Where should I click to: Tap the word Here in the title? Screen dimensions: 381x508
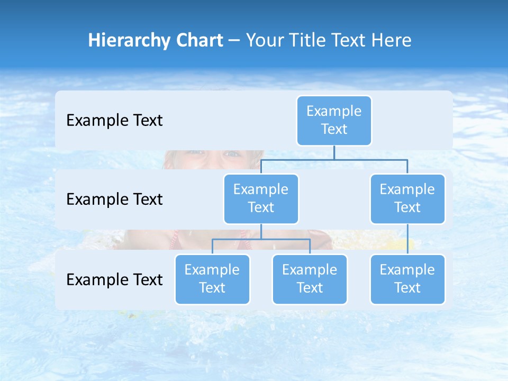[391, 41]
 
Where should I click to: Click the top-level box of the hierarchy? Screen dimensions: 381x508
[334, 121]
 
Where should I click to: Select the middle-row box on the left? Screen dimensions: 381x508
[261, 199]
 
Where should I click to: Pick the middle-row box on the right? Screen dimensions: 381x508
[407, 199]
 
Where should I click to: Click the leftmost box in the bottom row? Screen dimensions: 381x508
[212, 279]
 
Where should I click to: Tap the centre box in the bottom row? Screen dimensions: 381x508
[310, 279]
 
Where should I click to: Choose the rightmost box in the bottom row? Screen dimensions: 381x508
[407, 279]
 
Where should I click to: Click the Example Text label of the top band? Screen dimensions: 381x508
[114, 121]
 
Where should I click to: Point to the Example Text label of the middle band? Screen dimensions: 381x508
[114, 199]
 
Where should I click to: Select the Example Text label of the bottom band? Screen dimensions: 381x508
[114, 280]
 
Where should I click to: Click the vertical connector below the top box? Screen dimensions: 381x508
[334, 152]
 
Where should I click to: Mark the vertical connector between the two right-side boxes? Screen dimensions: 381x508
[407, 239]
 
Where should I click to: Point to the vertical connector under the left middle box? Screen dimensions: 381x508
[261, 231]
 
